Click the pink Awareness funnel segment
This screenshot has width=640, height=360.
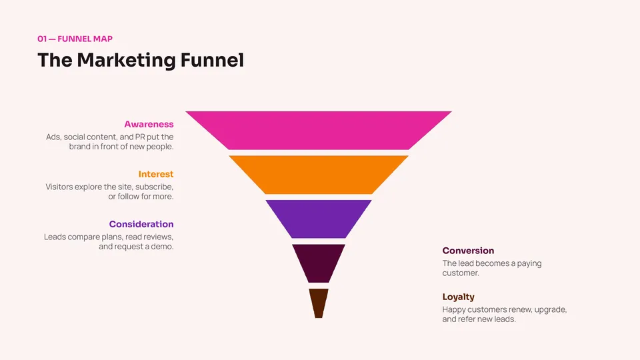pos(319,130)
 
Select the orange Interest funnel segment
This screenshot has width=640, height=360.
pos(319,175)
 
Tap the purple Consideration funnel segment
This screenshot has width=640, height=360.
pos(319,219)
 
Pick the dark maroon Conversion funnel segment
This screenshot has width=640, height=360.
pos(319,263)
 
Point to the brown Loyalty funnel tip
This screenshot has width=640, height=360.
pos(319,303)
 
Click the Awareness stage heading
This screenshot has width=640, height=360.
pos(149,124)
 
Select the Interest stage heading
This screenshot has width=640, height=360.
pos(156,174)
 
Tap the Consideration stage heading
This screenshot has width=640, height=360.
pos(141,224)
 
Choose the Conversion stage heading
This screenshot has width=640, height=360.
pos(468,251)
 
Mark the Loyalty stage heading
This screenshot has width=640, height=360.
pos(459,297)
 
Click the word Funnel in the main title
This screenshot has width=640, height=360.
pos(212,60)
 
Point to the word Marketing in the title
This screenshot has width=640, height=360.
pos(126,61)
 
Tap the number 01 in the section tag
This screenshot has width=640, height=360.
pos(42,39)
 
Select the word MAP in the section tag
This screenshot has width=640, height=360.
pos(103,39)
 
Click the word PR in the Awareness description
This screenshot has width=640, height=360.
pos(140,137)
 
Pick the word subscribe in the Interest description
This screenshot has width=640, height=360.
pos(154,187)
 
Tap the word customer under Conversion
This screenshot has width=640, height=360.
pos(461,273)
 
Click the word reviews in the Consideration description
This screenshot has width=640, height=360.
pos(159,237)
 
